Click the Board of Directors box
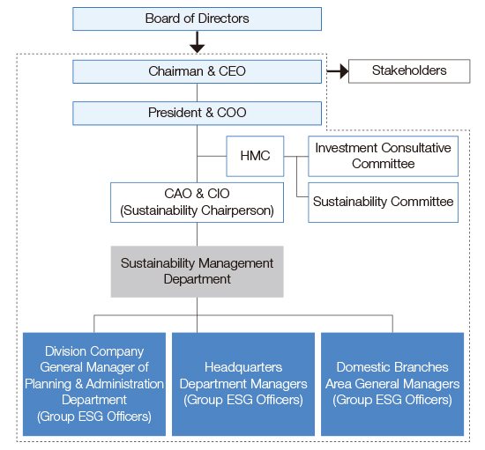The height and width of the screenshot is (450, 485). pyautogui.click(x=197, y=18)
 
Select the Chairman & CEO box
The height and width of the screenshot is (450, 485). pyautogui.click(x=197, y=71)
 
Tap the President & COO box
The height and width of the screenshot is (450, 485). pyautogui.click(x=197, y=114)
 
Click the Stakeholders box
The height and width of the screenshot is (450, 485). pyautogui.click(x=409, y=71)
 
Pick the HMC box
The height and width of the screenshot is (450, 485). pyautogui.click(x=255, y=156)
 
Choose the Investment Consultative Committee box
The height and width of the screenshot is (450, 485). pyautogui.click(x=384, y=156)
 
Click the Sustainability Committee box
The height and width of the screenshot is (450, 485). pyautogui.click(x=384, y=203)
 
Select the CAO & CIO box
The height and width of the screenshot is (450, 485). pyautogui.click(x=197, y=203)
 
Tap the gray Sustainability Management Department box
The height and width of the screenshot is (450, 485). pyautogui.click(x=197, y=271)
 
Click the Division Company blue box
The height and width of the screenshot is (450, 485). pyautogui.click(x=94, y=384)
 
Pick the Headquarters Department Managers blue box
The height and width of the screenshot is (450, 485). pyautogui.click(x=243, y=384)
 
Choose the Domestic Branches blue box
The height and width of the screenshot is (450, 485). pyautogui.click(x=392, y=384)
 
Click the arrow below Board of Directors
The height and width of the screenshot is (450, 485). pyautogui.click(x=197, y=42)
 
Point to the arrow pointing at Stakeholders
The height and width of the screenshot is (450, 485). pyautogui.click(x=338, y=71)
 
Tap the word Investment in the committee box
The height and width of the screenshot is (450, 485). pyautogui.click(x=345, y=148)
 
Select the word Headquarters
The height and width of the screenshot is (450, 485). pyautogui.click(x=243, y=367)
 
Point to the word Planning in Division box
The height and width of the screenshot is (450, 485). pyautogui.click(x=48, y=384)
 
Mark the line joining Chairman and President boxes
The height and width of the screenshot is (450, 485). pyautogui.click(x=197, y=92)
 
